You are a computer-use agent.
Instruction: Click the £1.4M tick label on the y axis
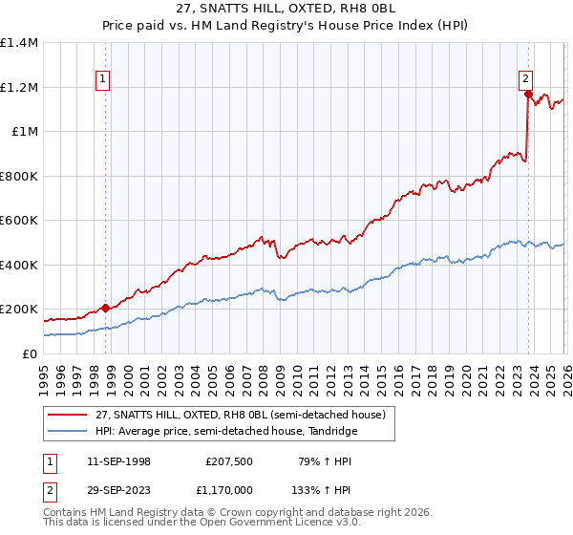click(19, 43)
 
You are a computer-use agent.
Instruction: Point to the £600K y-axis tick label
click(19, 221)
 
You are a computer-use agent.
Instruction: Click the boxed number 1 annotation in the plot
click(102, 79)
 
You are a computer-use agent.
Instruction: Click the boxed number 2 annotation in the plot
click(525, 79)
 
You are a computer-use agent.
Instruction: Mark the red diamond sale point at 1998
click(105, 308)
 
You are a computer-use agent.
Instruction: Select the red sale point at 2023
click(528, 94)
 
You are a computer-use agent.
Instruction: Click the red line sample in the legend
click(68, 415)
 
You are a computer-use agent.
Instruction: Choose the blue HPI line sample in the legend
click(68, 431)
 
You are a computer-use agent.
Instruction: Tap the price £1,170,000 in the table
click(227, 489)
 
